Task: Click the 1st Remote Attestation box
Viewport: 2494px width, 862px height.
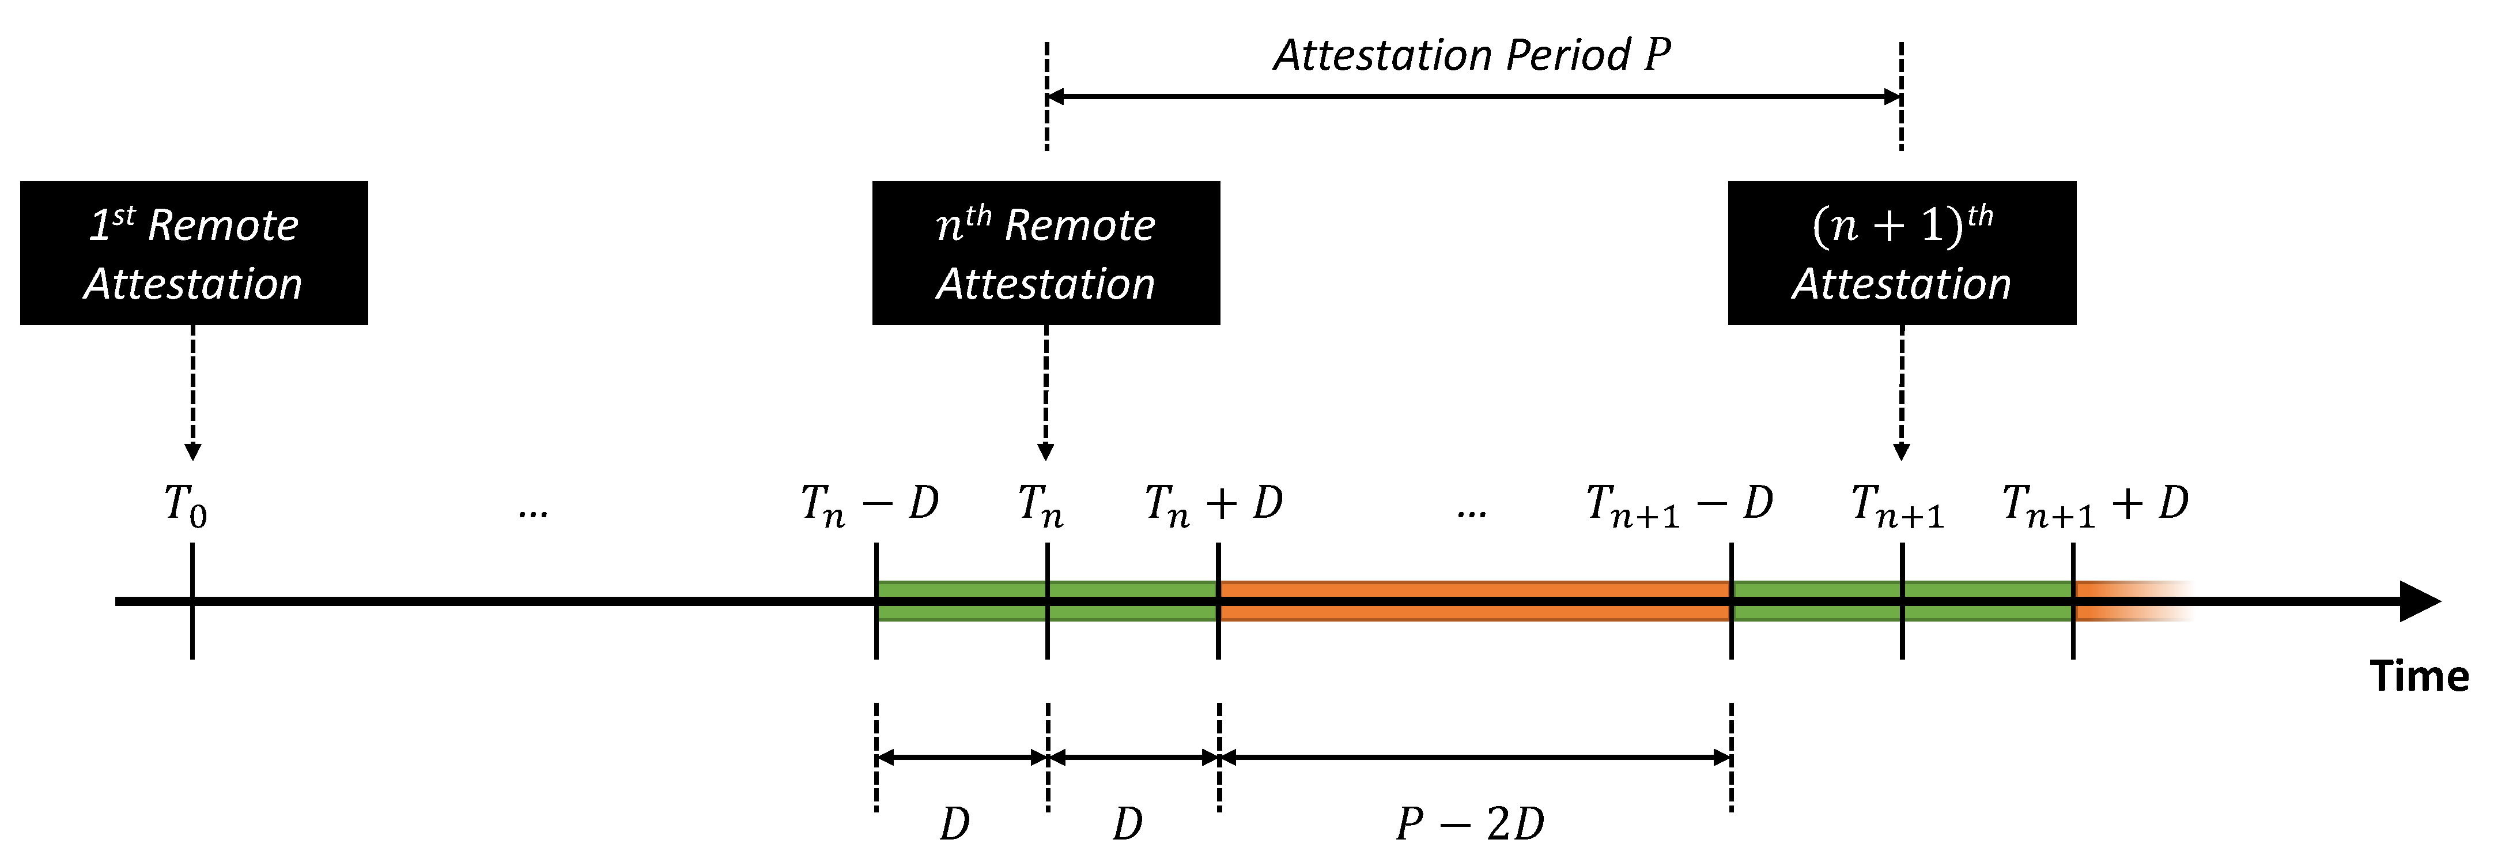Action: (x=194, y=253)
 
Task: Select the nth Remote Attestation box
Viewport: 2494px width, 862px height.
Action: (x=1046, y=253)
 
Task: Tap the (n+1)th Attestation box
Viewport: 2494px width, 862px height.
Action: (x=1902, y=253)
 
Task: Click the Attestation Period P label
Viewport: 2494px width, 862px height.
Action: (x=1472, y=55)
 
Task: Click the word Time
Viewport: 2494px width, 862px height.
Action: (x=2419, y=676)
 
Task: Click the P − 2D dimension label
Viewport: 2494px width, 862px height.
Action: (x=1469, y=824)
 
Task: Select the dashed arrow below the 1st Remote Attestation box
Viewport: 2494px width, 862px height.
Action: (x=192, y=392)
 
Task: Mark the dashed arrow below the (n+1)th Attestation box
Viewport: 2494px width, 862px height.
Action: (x=1902, y=392)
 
